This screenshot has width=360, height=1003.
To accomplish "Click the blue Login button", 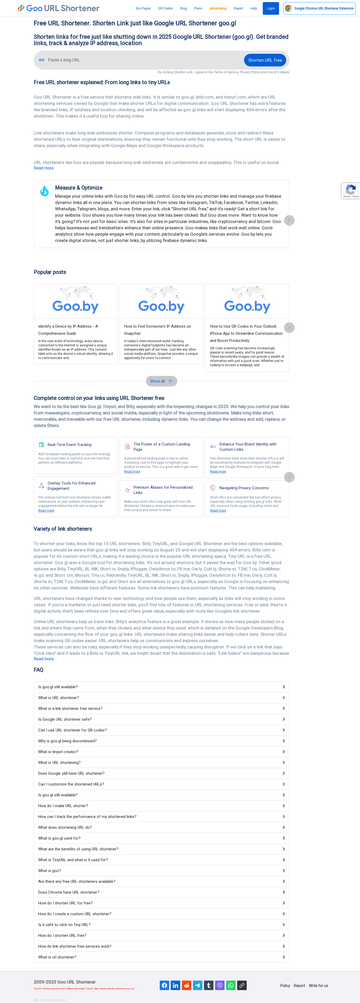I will (x=270, y=8).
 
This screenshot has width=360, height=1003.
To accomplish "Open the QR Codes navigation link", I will (x=166, y=8).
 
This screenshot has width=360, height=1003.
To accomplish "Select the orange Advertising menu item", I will (x=218, y=8).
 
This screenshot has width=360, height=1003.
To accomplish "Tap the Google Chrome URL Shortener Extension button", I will (x=319, y=8).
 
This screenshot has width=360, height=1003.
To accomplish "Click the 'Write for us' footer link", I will (x=318, y=986).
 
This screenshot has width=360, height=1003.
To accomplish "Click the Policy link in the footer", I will (x=285, y=986).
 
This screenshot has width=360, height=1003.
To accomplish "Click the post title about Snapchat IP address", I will (x=157, y=330).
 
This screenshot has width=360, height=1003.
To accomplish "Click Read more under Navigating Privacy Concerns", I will (x=218, y=510).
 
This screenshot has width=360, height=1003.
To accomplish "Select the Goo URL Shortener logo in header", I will (x=59, y=8).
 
